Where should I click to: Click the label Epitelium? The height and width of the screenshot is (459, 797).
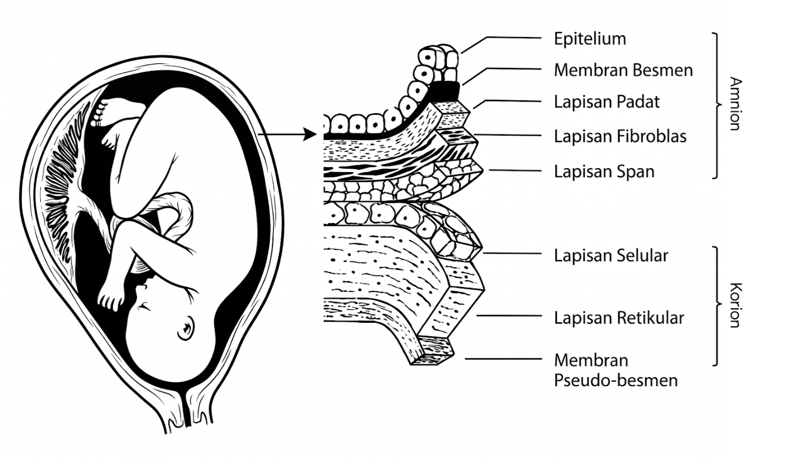pos(590,39)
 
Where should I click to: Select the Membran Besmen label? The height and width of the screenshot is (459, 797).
pos(623,70)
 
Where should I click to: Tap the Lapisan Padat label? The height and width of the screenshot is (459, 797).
pos(606,102)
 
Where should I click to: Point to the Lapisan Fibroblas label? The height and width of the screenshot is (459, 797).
pos(620,136)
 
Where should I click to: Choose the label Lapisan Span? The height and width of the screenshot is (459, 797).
pos(604,171)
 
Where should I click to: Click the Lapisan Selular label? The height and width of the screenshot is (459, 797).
pos(611,256)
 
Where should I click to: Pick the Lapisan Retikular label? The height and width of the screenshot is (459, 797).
pos(619,318)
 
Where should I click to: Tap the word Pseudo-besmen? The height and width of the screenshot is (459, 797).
pos(616,381)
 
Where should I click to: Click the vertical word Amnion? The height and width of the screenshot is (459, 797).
pos(735,104)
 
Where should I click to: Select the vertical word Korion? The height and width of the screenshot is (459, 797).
pos(735,305)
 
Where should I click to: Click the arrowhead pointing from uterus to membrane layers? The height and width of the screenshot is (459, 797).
pos(310,135)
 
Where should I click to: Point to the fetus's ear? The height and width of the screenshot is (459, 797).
pos(186,328)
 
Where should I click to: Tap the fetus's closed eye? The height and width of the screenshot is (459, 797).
pos(143,306)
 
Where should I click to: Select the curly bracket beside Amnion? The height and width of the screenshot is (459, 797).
pos(717,105)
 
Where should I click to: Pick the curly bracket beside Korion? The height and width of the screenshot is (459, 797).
pos(717,305)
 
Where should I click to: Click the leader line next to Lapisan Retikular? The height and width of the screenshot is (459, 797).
pos(509,316)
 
